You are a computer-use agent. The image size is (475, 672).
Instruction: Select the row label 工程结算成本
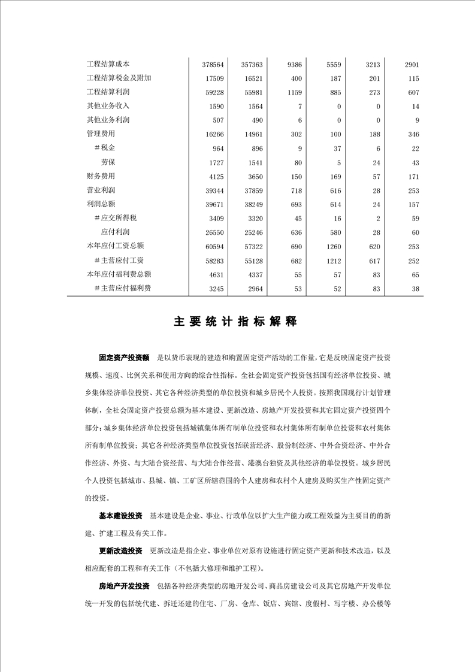coord(108,64)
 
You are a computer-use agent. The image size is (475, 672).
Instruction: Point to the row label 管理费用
coord(101,134)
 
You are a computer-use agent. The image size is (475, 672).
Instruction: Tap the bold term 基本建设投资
coord(120,516)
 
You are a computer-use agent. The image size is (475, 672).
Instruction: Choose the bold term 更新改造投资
coord(120,552)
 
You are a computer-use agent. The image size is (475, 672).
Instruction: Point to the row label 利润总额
coord(101,204)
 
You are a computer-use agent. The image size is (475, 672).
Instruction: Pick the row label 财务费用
coord(101,176)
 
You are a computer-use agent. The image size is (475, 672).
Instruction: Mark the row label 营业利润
coord(101,190)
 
